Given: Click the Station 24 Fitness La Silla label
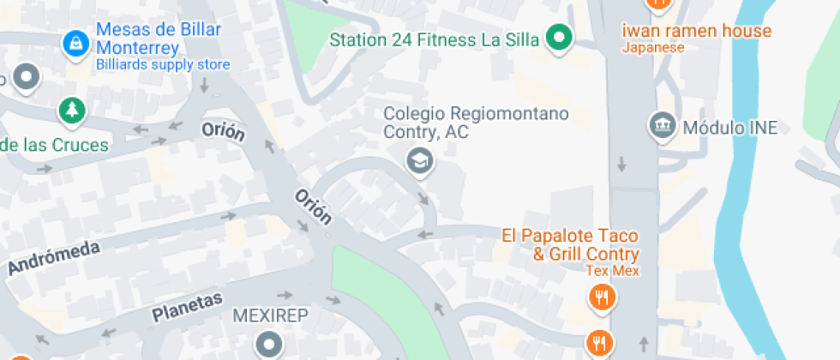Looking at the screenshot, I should tap(435, 39).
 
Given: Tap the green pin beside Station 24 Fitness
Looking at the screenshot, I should tap(561, 38).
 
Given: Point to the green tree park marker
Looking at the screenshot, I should tap(72, 110).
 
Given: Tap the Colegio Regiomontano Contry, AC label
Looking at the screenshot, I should tap(476, 123).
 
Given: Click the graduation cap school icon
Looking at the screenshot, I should tap(419, 159).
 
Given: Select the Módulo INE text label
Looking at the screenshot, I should tap(730, 129).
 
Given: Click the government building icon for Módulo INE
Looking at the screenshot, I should tap(662, 126).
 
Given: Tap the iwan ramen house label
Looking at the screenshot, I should tap(696, 31).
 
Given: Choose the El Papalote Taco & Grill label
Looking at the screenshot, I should tap(570, 244).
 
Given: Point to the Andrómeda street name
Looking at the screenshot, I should tap(54, 257).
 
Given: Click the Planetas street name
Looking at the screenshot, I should tap(187, 308).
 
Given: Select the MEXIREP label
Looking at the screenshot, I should tap(270, 315).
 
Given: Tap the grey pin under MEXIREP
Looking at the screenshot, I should tap(271, 345).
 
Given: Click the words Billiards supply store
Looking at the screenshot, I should tap(163, 64).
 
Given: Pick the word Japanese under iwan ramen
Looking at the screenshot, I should tap(653, 48).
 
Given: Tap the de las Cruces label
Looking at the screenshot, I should tap(55, 145).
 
